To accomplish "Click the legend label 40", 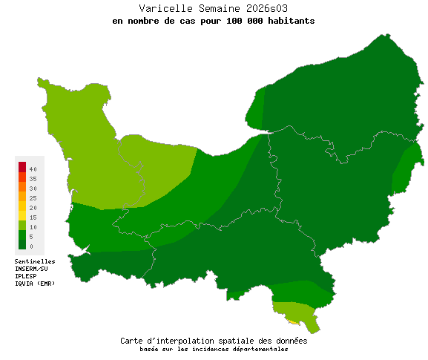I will [33, 170].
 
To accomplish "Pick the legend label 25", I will [33, 198].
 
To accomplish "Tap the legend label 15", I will [33, 217].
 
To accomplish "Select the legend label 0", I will [31, 246].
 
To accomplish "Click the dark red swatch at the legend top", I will [22, 166].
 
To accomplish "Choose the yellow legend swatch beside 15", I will [22, 216].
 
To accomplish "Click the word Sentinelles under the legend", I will [35, 261].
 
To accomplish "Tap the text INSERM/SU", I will [31, 269].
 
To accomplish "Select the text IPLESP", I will [26, 276].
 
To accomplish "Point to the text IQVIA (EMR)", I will [35, 284].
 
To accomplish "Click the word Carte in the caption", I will [133, 341].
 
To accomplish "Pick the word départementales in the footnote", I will [257, 349].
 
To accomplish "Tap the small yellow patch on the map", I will [293, 318].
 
